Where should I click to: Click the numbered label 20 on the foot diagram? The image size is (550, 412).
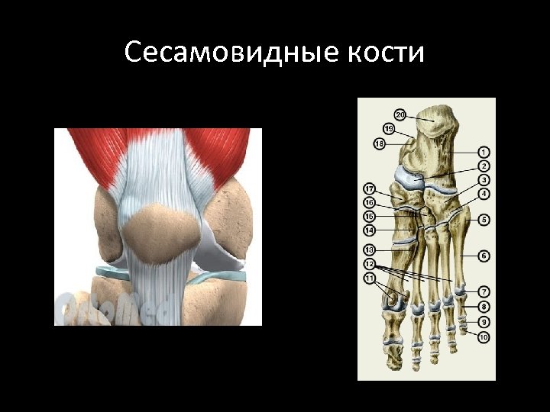(x=401, y=115)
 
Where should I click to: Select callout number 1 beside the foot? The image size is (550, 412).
(x=484, y=153)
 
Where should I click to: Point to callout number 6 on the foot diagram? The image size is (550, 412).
(x=484, y=255)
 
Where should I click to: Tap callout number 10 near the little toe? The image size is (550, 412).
(x=484, y=336)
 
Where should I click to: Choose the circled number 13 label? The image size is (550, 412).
(x=369, y=249)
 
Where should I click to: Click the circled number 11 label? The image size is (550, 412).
(x=369, y=278)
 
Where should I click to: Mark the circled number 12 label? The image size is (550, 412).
(x=369, y=263)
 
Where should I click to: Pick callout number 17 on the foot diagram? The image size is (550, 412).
(x=369, y=188)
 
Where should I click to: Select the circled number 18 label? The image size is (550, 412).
(x=380, y=143)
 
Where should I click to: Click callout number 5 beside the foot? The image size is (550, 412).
(x=484, y=220)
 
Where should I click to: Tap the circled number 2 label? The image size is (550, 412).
(x=484, y=166)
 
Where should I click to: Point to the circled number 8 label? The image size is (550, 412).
(x=484, y=307)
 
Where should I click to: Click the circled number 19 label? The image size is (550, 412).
(x=390, y=128)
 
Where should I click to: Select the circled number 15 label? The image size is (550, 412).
(x=369, y=217)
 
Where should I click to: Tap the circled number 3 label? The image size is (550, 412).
(x=484, y=179)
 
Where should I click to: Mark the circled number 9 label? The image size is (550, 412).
(x=484, y=322)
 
